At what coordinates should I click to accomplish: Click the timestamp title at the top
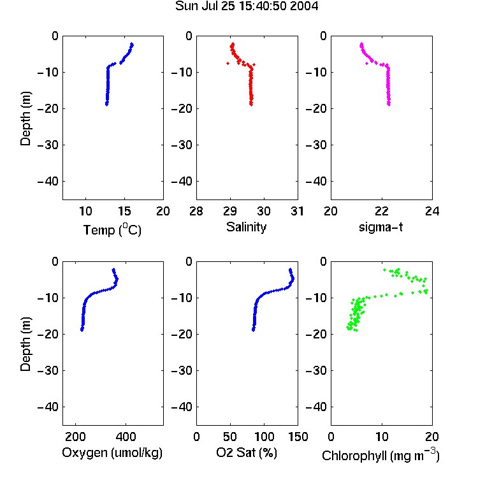coord(247,6)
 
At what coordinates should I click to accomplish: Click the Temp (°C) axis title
coord(112,229)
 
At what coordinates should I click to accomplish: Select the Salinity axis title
coord(246,227)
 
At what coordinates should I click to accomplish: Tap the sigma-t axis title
coord(380,227)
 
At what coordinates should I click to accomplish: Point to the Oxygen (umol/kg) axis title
coord(112,453)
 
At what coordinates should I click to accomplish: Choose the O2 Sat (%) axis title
coord(247,453)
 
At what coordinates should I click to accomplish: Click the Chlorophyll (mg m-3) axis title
coord(380,455)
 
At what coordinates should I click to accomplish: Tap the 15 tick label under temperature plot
coord(124,211)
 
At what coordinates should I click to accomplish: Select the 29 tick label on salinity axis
coord(230,211)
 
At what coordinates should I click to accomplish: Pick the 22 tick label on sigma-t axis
coord(381,211)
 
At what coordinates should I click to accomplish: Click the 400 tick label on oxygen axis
coord(126,437)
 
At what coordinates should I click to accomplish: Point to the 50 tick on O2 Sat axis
coord(230,437)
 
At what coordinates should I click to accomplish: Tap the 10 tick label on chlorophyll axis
coord(381,437)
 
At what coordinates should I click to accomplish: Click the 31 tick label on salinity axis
coord(297,211)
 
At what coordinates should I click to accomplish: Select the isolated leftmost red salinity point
coord(228,63)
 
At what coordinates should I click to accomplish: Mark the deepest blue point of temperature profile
coord(106,105)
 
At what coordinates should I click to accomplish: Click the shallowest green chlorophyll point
coord(385,270)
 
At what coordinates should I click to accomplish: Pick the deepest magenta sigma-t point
coord(389,105)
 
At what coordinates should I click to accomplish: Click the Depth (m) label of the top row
coord(25,119)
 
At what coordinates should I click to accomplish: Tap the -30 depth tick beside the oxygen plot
coord(48,371)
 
